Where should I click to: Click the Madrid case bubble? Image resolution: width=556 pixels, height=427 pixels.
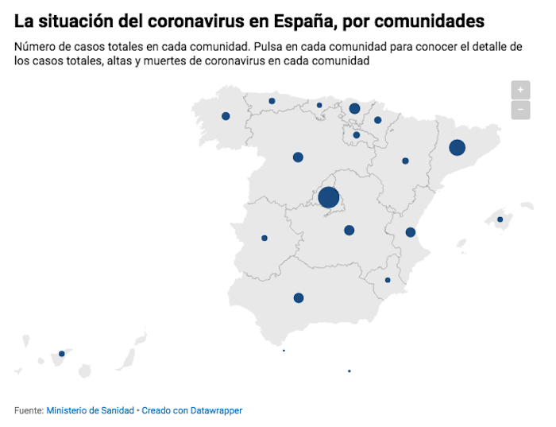pyautogui.click(x=329, y=197)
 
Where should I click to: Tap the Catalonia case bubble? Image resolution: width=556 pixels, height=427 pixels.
pyautogui.click(x=457, y=147)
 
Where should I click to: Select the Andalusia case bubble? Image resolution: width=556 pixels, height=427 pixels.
pyautogui.click(x=299, y=298)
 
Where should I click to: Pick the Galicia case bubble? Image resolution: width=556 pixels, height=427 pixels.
pyautogui.click(x=226, y=116)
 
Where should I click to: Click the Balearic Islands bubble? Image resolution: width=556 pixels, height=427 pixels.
pyautogui.click(x=500, y=219)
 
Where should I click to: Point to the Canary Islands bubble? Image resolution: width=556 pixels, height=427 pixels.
pyautogui.click(x=62, y=354)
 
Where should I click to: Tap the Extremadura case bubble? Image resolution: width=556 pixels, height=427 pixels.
pyautogui.click(x=264, y=238)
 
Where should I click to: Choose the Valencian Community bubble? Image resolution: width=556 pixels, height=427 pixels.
pyautogui.click(x=411, y=232)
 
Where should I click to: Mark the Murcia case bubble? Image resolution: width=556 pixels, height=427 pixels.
pyautogui.click(x=388, y=280)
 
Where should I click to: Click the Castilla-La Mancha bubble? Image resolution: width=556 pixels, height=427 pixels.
pyautogui.click(x=349, y=231)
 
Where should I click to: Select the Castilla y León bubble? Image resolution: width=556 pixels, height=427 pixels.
pyautogui.click(x=298, y=157)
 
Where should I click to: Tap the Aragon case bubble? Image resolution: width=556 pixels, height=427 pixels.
pyautogui.click(x=405, y=161)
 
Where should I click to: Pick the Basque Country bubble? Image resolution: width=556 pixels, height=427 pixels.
pyautogui.click(x=354, y=108)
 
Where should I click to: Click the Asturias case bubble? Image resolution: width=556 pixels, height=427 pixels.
pyautogui.click(x=272, y=101)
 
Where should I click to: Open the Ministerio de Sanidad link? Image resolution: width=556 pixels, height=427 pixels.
pyautogui.click(x=90, y=411)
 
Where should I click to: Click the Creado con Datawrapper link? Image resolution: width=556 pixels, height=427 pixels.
pyautogui.click(x=191, y=411)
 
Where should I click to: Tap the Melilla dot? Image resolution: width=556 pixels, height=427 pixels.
pyautogui.click(x=349, y=371)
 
